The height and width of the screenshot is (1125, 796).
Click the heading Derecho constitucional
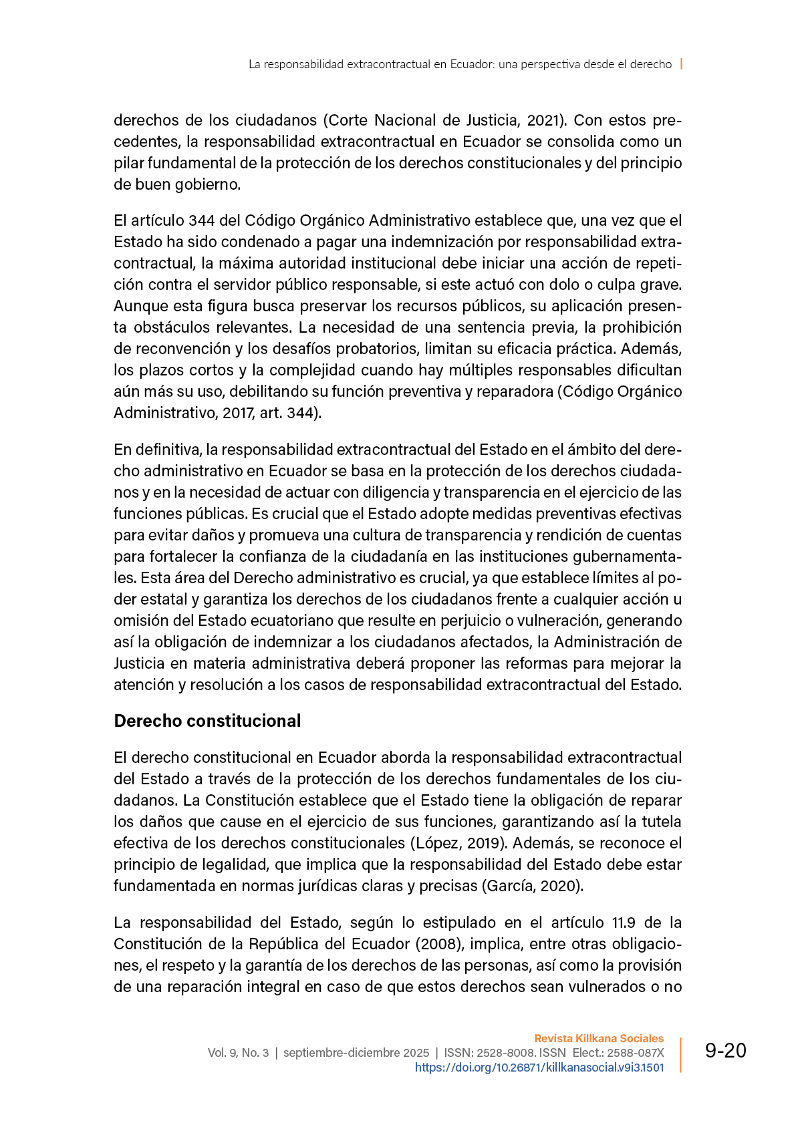tap(207, 721)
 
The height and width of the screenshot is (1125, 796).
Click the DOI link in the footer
tap(539, 1067)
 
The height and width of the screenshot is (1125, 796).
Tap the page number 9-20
tap(725, 1051)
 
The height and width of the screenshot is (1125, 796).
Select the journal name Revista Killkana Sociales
tap(599, 1038)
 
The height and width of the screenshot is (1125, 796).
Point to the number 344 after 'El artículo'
tap(201, 220)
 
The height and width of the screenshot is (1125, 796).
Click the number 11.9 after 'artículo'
tap(624, 923)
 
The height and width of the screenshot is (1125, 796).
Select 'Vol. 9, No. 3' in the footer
tap(238, 1053)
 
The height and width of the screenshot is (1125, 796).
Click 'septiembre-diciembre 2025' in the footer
tap(356, 1053)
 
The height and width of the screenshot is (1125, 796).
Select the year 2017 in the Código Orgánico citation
tap(235, 413)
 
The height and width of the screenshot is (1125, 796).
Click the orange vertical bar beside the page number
tap(681, 1054)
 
